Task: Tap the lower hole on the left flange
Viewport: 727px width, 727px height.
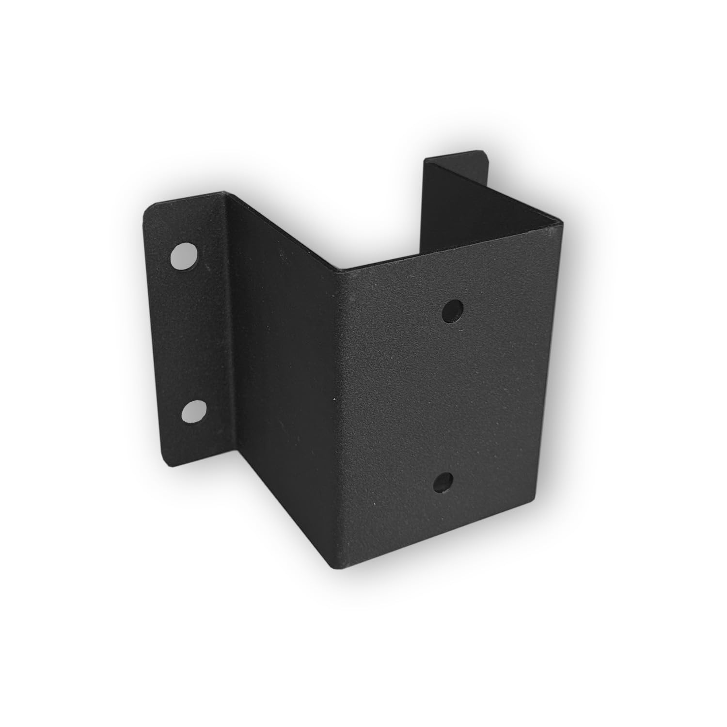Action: pyautogui.click(x=193, y=411)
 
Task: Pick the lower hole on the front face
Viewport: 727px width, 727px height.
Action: pyautogui.click(x=443, y=482)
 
